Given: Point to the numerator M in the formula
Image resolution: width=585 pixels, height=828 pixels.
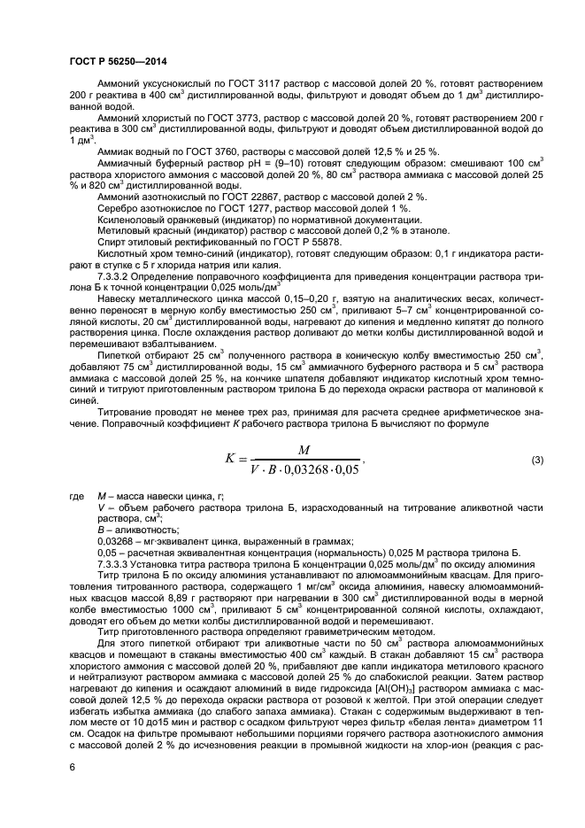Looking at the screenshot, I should coord(304,450).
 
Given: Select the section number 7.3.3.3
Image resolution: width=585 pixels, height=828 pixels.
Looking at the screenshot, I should coord(119,561).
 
